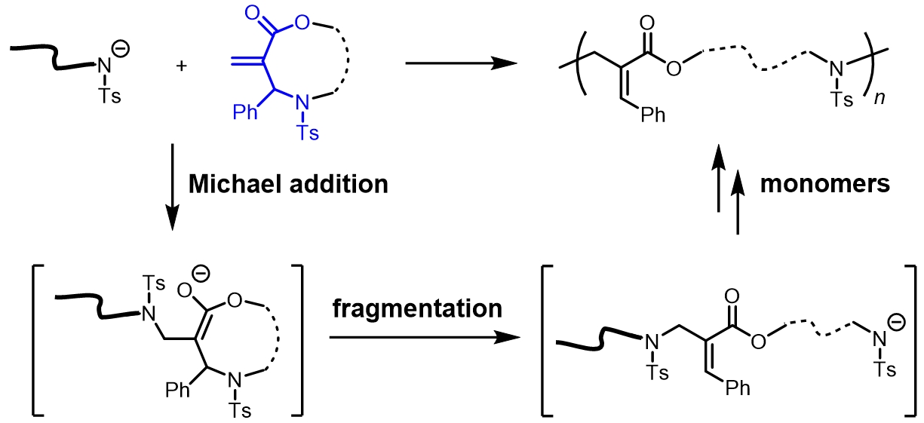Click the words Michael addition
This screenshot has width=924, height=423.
[x=288, y=184]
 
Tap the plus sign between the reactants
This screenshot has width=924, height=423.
[x=181, y=66]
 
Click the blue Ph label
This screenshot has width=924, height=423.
[x=247, y=112]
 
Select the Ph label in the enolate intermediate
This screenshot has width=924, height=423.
[x=179, y=390]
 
